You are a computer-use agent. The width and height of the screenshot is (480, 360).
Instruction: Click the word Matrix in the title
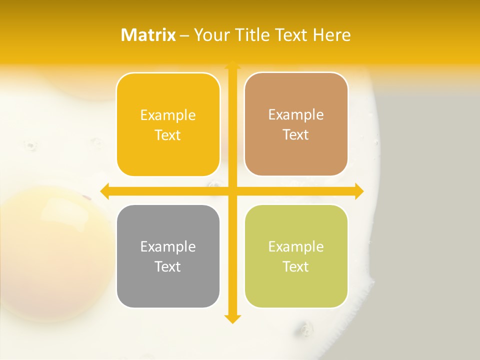pyautogui.click(x=148, y=35)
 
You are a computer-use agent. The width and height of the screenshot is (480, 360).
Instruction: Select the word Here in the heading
pyautogui.click(x=331, y=35)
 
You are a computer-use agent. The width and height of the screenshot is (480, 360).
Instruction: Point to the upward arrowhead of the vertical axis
pyautogui.click(x=232, y=65)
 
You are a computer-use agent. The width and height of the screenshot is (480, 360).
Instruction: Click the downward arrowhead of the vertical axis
pyautogui.click(x=232, y=318)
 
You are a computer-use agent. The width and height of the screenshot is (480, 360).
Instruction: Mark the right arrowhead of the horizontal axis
pyautogui.click(x=358, y=191)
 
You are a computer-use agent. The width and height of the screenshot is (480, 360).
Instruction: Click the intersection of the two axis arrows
pyautogui.click(x=232, y=191)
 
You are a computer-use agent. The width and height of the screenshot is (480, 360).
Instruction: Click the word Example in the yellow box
pyautogui.click(x=168, y=115)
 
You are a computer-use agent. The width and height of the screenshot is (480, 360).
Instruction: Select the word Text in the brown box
pyautogui.click(x=296, y=135)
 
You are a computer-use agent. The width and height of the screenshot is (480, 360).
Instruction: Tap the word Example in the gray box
pyautogui.click(x=168, y=247)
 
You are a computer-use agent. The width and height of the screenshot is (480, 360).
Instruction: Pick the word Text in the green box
pyautogui.click(x=296, y=266)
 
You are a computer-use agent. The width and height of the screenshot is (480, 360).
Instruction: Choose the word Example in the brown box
pyautogui.click(x=296, y=115)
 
